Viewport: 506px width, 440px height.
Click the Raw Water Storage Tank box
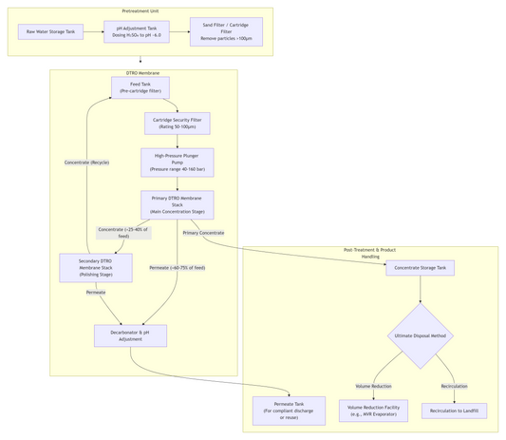pyautogui.click(x=50, y=32)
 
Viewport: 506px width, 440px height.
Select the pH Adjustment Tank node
pyautogui.click(x=137, y=32)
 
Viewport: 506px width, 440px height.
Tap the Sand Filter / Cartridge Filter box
pyautogui.click(x=226, y=32)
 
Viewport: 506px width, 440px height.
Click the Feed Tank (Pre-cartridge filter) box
pyautogui.click(x=141, y=87)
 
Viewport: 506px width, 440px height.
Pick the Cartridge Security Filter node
pyautogui.click(x=178, y=124)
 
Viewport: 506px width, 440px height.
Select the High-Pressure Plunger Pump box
pyautogui.click(x=178, y=163)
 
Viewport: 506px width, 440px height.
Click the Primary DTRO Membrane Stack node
pyautogui.click(x=178, y=205)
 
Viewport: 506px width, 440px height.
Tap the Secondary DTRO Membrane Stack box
pyautogui.click(x=96, y=268)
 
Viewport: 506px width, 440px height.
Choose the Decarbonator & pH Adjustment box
pyautogui.click(x=130, y=335)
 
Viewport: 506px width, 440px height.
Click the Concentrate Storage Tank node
pyautogui.click(x=420, y=268)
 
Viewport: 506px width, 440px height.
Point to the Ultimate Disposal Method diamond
pyautogui.click(x=420, y=335)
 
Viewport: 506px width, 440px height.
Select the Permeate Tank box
pyautogui.click(x=289, y=411)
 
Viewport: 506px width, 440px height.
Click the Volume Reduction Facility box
pyautogui.click(x=373, y=411)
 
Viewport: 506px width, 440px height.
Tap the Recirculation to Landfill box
pyautogui.click(x=454, y=411)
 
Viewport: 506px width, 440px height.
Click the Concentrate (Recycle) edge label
pyautogui.click(x=86, y=163)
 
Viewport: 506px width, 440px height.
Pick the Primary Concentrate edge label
pyautogui.click(x=203, y=233)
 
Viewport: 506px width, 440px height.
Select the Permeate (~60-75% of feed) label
pyautogui.click(x=178, y=268)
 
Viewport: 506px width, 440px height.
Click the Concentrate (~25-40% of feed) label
pyautogui.click(x=123, y=233)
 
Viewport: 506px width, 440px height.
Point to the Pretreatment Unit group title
pyautogui.click(x=141, y=11)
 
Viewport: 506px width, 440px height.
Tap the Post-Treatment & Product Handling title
pyautogui.click(x=369, y=253)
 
